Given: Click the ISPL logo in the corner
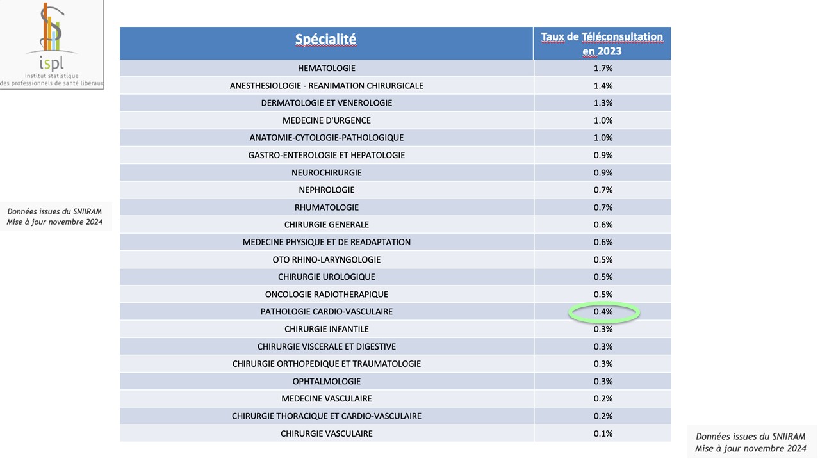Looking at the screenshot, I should pyautogui.click(x=51, y=44).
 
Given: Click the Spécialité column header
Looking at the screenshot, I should pyautogui.click(x=325, y=39).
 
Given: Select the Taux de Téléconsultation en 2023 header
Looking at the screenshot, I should pyautogui.click(x=602, y=44).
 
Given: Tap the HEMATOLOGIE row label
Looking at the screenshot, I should pyautogui.click(x=326, y=68).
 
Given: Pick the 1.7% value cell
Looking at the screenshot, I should pyautogui.click(x=603, y=68).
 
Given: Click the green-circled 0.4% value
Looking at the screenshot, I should pyautogui.click(x=603, y=312).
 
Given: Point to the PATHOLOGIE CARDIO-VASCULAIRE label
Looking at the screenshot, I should pyautogui.click(x=326, y=312).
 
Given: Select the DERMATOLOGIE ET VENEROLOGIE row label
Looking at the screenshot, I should pyautogui.click(x=326, y=103).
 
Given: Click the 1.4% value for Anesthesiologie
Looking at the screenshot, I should pyautogui.click(x=603, y=86).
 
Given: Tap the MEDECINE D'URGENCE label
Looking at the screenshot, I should pyautogui.click(x=326, y=120).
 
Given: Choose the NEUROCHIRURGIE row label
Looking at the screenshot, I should pyautogui.click(x=326, y=173).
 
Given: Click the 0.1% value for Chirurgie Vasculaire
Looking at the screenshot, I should pyautogui.click(x=603, y=433).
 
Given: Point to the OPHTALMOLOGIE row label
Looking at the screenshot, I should pyautogui.click(x=326, y=382).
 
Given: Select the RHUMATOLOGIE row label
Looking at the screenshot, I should pyautogui.click(x=326, y=207).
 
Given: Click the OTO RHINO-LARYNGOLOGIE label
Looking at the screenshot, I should pyautogui.click(x=326, y=259).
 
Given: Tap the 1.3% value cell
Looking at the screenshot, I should pyautogui.click(x=603, y=103).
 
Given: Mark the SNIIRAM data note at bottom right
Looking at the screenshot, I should pyautogui.click(x=750, y=442).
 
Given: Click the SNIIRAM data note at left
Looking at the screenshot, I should pyautogui.click(x=54, y=217).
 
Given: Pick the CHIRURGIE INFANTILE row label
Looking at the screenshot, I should pyautogui.click(x=326, y=329).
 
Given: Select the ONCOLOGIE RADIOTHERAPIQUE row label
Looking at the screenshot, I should pyautogui.click(x=326, y=295).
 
